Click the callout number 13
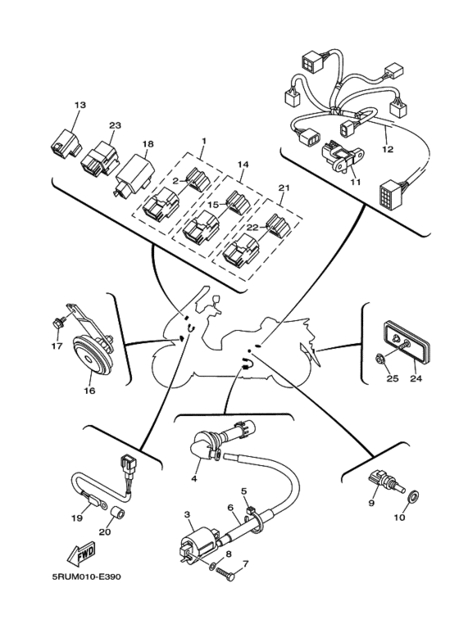click(x=80, y=105)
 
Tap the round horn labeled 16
click(x=91, y=356)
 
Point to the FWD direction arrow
click(x=82, y=553)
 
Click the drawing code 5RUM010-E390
click(x=86, y=576)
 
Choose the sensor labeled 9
click(x=385, y=481)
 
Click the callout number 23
click(x=115, y=125)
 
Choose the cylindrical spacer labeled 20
click(x=118, y=515)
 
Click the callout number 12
click(x=388, y=149)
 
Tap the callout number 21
click(x=284, y=188)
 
